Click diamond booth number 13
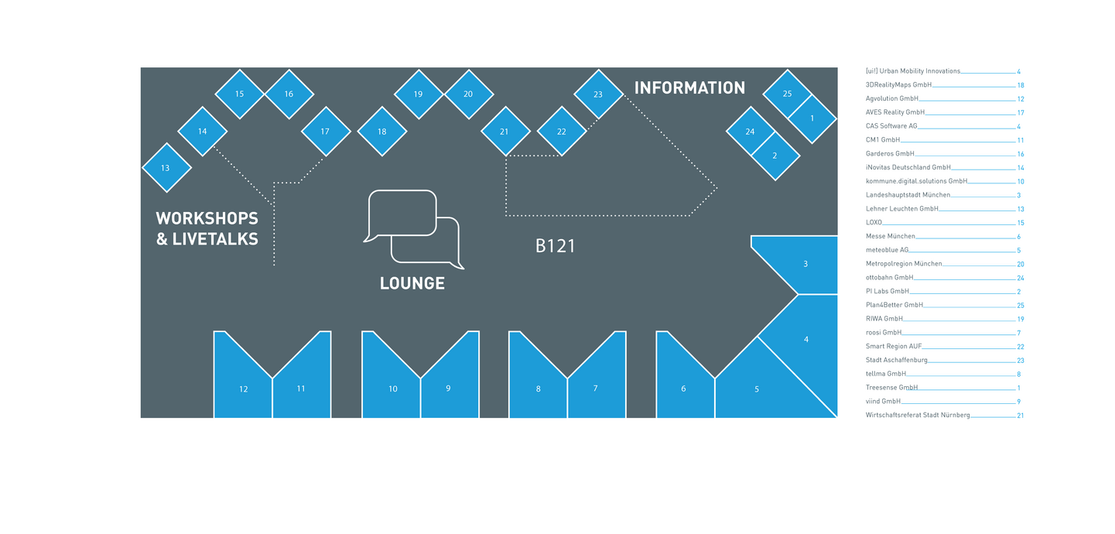click(x=166, y=168)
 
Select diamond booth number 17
click(x=325, y=132)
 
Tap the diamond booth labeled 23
click(x=598, y=94)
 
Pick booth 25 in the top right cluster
click(x=787, y=94)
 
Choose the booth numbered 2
click(x=775, y=156)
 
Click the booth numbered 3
click(x=805, y=264)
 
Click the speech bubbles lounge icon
click(x=413, y=229)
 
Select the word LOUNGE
click(x=412, y=283)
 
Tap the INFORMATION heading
click(x=689, y=88)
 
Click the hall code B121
click(x=556, y=247)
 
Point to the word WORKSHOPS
click(x=207, y=218)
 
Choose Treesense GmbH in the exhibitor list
click(x=891, y=388)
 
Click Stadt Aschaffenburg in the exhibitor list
click(x=896, y=360)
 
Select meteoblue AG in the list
click(x=887, y=250)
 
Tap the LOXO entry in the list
click(x=874, y=222)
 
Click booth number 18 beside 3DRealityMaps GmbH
click(x=1021, y=85)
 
